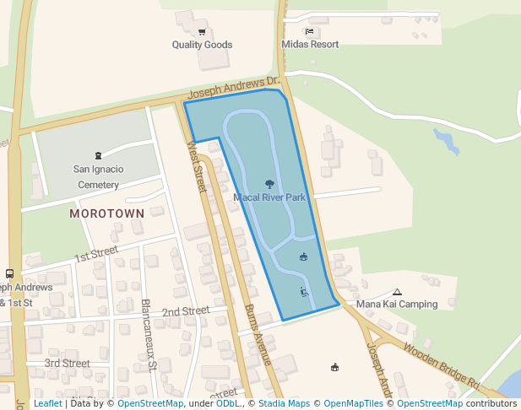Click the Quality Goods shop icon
point(202,32)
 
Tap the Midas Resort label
point(310,45)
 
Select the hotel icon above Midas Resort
point(310,32)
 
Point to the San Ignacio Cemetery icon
point(99,155)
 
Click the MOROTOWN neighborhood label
point(107,213)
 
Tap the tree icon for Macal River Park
point(269,183)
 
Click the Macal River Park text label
point(269,197)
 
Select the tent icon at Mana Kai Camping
point(397,292)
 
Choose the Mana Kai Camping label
point(397,305)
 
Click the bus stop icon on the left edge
point(9,273)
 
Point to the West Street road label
point(197,166)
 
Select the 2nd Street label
point(186,311)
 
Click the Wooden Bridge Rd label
point(442,364)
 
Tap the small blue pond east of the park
point(444,141)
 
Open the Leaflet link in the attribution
point(47,404)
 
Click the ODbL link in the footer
point(228,404)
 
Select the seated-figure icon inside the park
point(304,292)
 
